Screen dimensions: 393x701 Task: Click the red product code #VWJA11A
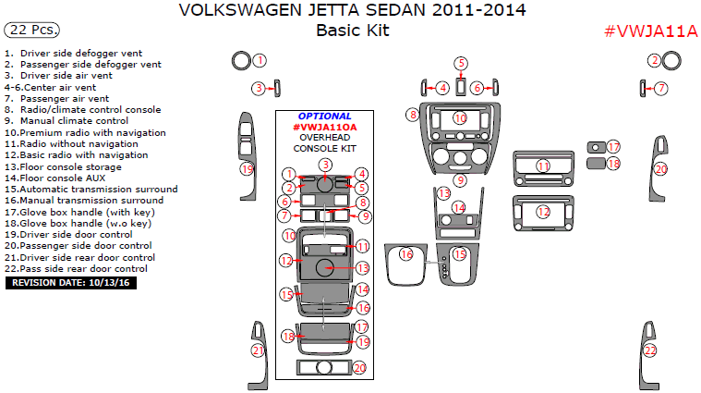click(x=650, y=31)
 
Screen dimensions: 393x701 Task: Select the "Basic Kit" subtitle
click(x=352, y=31)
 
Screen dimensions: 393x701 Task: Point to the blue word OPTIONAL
click(x=324, y=117)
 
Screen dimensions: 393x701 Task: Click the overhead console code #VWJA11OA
click(x=324, y=127)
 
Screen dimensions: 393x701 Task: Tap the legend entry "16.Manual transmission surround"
click(x=84, y=200)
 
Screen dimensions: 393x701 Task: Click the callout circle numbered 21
click(x=260, y=350)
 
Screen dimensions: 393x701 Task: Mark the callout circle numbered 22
click(x=650, y=350)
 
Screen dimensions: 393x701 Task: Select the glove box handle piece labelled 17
click(x=596, y=147)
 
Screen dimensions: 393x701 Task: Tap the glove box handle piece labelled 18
click(x=596, y=164)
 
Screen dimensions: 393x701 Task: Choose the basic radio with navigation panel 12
click(x=543, y=212)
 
